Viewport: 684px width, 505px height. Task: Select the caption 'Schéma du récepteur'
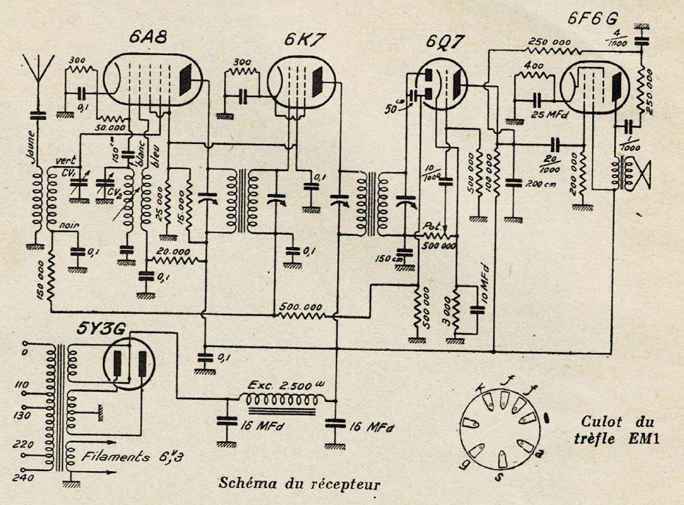[300, 484]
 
